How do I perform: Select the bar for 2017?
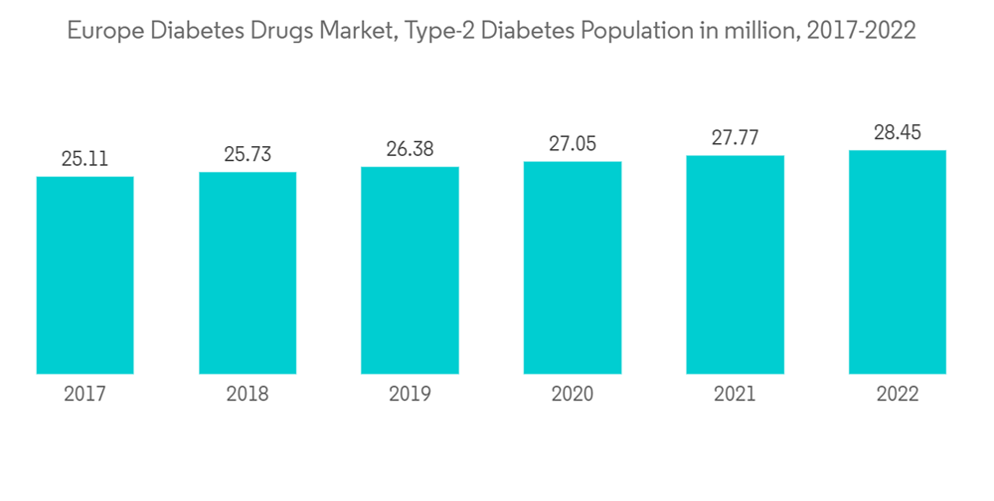[84, 275]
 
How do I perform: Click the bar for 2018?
[248, 273]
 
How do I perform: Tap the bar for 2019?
[410, 270]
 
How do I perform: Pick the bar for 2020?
[573, 267]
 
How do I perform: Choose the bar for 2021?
[735, 265]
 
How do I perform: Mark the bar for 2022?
[898, 262]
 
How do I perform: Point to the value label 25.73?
[248, 153]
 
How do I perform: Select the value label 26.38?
[410, 148]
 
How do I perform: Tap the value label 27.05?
[573, 143]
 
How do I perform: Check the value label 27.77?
[735, 137]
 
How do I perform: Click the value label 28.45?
[898, 132]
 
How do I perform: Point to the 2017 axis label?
[84, 394]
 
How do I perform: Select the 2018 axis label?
[248, 394]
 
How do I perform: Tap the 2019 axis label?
[410, 394]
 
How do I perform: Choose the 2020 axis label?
[573, 394]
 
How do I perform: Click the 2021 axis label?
[735, 394]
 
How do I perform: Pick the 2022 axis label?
[898, 394]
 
